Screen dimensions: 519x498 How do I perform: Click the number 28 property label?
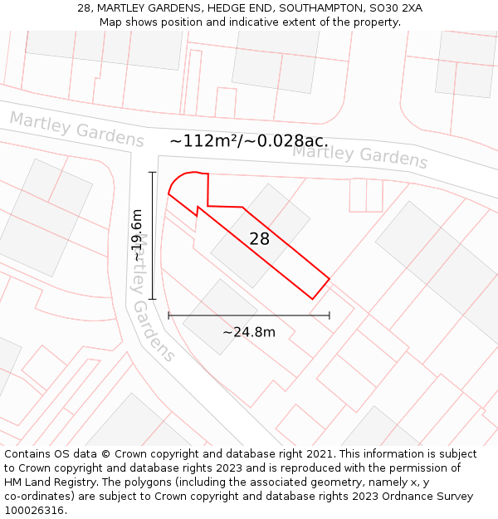click(259, 239)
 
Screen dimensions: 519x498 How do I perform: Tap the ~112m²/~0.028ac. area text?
click(248, 141)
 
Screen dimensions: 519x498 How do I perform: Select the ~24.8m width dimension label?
click(248, 332)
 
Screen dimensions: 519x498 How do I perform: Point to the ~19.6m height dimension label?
click(137, 236)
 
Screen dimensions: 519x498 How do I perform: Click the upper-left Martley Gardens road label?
click(76, 130)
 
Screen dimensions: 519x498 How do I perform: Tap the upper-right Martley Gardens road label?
click(359, 154)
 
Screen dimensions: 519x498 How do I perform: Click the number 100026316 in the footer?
click(34, 511)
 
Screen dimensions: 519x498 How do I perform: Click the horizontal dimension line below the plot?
click(248, 316)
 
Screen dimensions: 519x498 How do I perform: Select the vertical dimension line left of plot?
click(153, 235)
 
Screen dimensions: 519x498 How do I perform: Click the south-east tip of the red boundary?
click(313, 298)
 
